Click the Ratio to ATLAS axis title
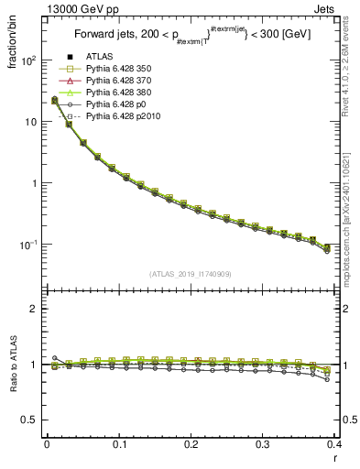point(13,366)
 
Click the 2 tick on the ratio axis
point(35,309)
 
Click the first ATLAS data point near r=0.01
point(55,100)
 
